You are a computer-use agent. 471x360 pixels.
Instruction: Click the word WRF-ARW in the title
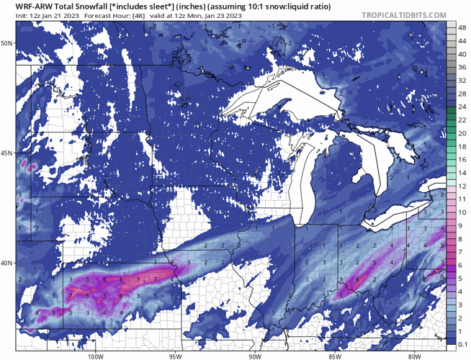(27, 6)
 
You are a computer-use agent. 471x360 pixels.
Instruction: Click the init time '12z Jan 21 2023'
(37, 17)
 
